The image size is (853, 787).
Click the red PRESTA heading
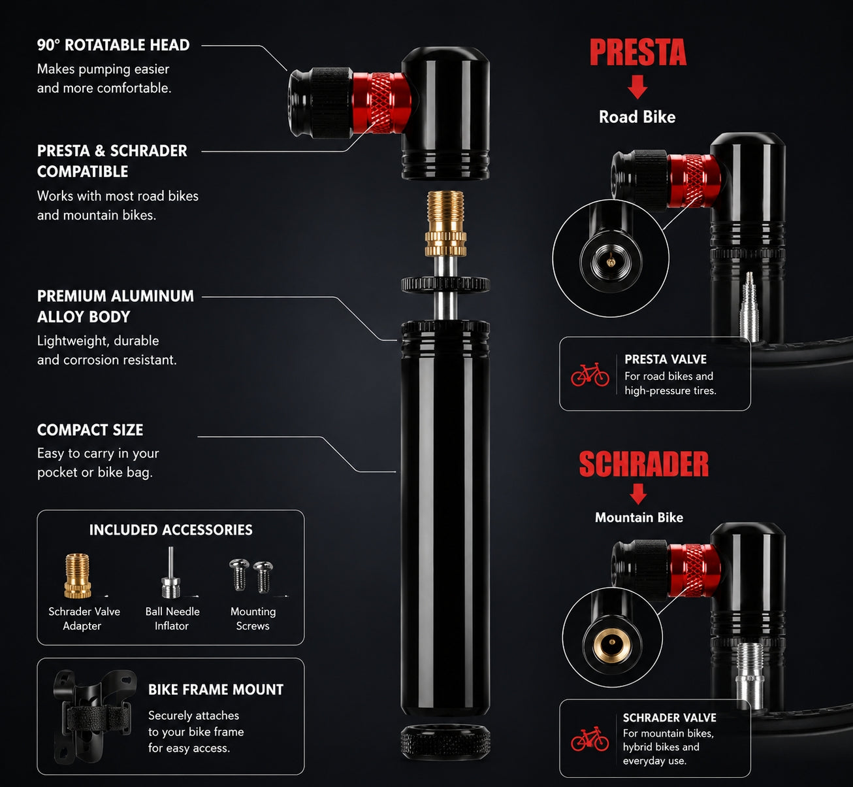pos(638,52)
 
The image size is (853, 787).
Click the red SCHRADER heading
pos(644,465)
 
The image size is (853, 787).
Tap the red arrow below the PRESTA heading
pos(637,87)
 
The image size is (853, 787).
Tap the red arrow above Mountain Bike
pos(638,494)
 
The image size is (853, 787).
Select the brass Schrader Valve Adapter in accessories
pos(77,576)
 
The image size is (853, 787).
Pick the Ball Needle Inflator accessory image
pos(171,573)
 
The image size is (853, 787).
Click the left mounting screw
pos(239,575)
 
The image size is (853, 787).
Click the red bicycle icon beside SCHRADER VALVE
pos(590,739)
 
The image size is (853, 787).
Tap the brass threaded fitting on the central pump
pos(445,224)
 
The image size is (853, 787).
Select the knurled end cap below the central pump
pos(445,742)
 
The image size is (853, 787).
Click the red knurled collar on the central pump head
pos(381,103)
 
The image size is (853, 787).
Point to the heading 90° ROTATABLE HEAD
pos(114,45)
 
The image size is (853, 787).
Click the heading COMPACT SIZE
pos(90,429)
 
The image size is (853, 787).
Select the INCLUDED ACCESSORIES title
pos(171,530)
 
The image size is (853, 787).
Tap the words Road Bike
pos(637,117)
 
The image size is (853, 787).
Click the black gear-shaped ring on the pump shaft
pos(445,284)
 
